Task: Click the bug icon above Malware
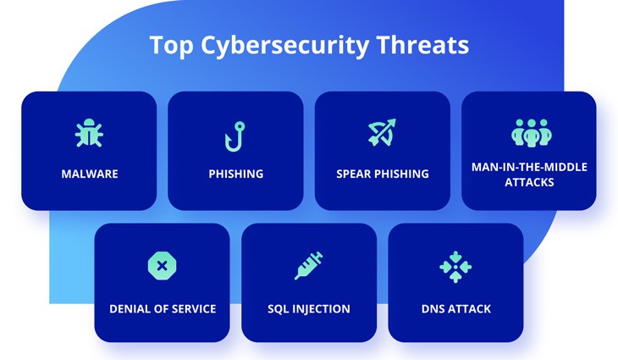(x=89, y=134)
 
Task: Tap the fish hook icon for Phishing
(x=235, y=135)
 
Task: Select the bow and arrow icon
(x=383, y=133)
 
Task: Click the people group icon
(x=529, y=132)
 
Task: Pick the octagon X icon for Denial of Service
(x=162, y=266)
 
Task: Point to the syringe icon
(x=308, y=266)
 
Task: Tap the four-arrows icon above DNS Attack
(x=455, y=266)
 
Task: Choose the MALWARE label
(x=89, y=174)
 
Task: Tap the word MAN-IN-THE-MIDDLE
(x=529, y=167)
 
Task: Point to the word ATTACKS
(x=529, y=181)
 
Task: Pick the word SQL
(x=279, y=308)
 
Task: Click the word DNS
(x=433, y=308)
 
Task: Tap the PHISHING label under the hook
(x=236, y=174)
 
